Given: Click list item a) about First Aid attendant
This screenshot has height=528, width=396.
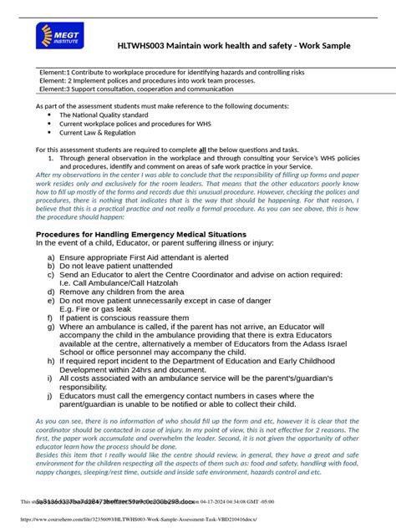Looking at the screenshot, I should pyautogui.click(x=143, y=258).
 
